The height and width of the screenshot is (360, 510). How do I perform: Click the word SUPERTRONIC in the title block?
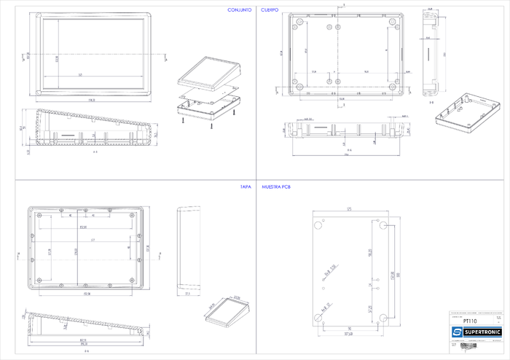[x=482, y=332]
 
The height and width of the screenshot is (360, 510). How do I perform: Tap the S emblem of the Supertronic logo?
[x=458, y=332]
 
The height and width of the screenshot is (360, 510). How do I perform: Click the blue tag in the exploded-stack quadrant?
[x=239, y=11]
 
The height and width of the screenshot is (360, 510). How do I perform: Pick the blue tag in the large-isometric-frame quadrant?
[x=270, y=11]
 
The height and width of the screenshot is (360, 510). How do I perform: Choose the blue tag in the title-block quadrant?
[x=276, y=187]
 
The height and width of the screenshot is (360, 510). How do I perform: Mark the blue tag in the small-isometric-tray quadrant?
[x=245, y=187]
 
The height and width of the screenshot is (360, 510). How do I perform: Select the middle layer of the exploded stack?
[x=209, y=93]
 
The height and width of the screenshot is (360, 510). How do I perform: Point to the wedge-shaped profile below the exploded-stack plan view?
[x=87, y=128]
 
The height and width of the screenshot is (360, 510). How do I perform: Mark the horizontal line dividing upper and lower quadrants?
[x=131, y=179]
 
